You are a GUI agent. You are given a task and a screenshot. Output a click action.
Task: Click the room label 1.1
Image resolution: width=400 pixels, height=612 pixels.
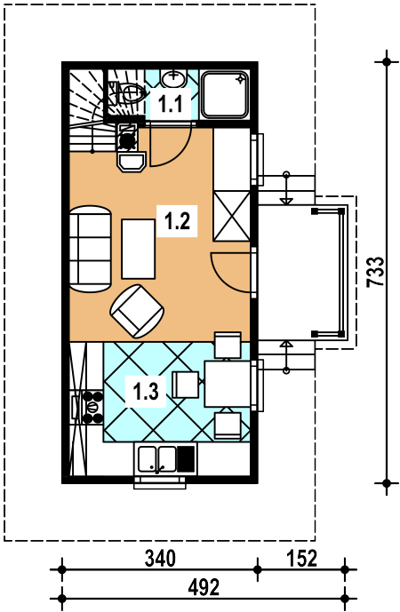pos(171,104)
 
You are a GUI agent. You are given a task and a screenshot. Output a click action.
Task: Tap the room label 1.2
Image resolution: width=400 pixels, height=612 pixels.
pos(177,221)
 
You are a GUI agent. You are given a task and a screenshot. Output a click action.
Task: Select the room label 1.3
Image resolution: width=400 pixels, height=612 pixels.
pos(146,392)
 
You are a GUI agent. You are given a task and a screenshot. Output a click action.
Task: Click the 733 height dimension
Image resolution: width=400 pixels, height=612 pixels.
pos(375,272)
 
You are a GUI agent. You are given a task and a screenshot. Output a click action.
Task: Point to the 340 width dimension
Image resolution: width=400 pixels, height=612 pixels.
pos(160,559)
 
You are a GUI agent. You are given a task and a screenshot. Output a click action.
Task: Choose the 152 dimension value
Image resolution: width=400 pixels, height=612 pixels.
pos(301,559)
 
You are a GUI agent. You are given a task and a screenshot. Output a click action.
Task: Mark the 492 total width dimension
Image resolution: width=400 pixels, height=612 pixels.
pos(204,587)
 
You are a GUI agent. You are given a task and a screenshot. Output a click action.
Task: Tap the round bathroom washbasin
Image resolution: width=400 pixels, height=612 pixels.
pos(173,80)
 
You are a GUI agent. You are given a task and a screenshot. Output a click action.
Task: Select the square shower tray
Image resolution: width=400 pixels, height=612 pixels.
pos(225,94)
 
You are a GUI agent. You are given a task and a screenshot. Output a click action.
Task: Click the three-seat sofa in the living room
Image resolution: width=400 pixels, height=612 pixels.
pos(91,249)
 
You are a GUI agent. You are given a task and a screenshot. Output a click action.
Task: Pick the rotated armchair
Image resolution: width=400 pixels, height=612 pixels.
pos(137,311)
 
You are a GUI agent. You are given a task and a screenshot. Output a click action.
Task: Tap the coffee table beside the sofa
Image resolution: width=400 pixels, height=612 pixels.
pos(139,249)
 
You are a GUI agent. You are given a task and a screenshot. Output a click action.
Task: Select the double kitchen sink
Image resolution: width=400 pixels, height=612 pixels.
pos(157,458)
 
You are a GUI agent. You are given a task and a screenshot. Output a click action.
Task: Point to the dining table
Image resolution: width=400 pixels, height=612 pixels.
pos(228,384)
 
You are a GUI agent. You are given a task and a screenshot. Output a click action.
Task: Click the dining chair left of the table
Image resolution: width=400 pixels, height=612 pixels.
pos(186,385)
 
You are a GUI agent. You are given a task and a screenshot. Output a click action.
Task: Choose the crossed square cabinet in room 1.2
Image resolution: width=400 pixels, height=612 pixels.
pos(231,216)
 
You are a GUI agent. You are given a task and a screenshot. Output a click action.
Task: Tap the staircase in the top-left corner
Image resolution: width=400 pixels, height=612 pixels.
pos(88,111)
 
